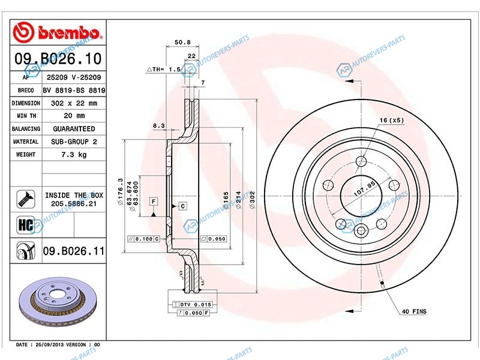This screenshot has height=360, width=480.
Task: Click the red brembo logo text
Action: click(x=70, y=32)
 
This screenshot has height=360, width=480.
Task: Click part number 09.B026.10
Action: click(x=58, y=58)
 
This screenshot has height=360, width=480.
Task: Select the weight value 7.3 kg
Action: click(x=74, y=155)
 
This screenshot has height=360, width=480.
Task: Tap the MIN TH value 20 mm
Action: click(x=74, y=116)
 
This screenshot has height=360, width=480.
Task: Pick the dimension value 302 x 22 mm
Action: click(x=74, y=103)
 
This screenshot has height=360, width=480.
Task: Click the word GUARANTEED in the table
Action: click(x=74, y=129)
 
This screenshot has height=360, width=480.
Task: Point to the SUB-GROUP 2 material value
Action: click(x=74, y=142)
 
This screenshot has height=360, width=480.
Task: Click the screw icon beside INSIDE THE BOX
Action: click(x=26, y=199)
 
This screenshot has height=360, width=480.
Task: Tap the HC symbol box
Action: click(x=26, y=225)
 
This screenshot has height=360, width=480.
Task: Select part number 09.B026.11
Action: click(x=73, y=251)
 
